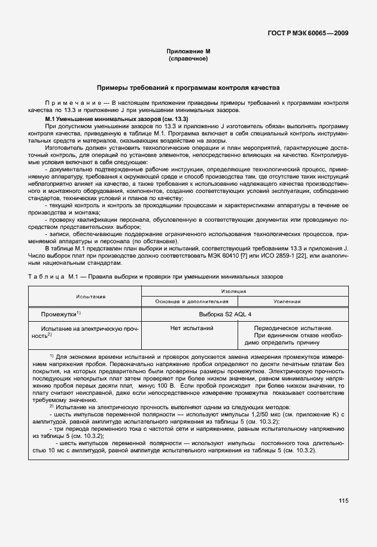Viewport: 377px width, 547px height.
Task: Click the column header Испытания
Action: point(90,296)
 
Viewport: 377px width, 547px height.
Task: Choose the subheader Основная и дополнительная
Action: point(188,301)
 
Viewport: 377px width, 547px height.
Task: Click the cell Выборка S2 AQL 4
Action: point(225,314)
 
